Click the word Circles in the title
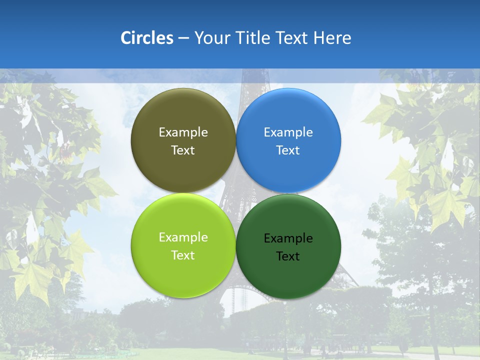[x=146, y=37]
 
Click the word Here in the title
[x=332, y=37]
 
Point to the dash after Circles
[x=183, y=38]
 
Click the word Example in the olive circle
[x=183, y=132]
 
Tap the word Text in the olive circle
[x=183, y=150]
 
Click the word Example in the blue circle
[x=288, y=132]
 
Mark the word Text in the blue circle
[x=288, y=150]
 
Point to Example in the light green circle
[x=183, y=237]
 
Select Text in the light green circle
[x=183, y=255]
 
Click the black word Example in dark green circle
[x=288, y=238]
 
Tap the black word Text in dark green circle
[x=288, y=256]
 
